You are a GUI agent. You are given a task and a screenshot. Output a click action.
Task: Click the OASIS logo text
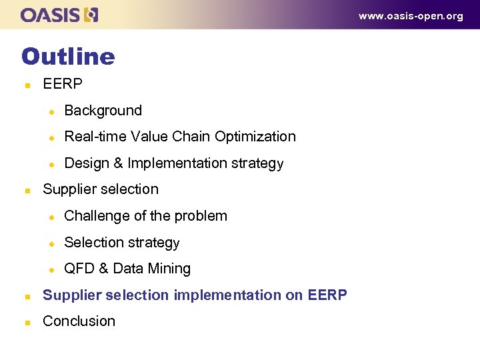[x=52, y=15]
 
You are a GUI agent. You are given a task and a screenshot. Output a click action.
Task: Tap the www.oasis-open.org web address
[x=411, y=16]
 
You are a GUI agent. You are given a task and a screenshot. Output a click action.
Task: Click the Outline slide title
[x=68, y=56]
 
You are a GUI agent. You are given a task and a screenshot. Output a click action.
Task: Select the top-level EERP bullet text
[x=63, y=84]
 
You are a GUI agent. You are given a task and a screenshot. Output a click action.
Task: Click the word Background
[x=103, y=111]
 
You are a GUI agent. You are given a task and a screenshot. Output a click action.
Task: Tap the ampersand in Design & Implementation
[x=117, y=163]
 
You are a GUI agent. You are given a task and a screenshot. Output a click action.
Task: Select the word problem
[x=203, y=216]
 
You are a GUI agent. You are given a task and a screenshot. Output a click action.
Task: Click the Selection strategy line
[x=122, y=243]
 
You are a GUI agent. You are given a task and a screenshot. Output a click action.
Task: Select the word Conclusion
[x=79, y=321]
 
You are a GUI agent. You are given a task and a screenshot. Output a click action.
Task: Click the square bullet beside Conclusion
[x=27, y=322]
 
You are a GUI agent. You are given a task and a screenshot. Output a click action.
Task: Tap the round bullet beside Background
[x=49, y=111]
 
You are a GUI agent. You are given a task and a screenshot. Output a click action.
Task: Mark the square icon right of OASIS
[x=92, y=15]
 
